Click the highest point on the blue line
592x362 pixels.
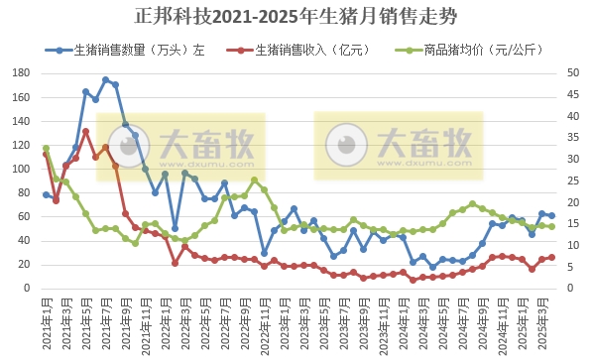[x=105, y=80]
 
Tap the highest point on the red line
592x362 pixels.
[x=85, y=131]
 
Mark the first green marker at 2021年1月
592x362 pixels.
[x=46, y=149]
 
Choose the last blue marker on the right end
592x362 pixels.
[x=551, y=215]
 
